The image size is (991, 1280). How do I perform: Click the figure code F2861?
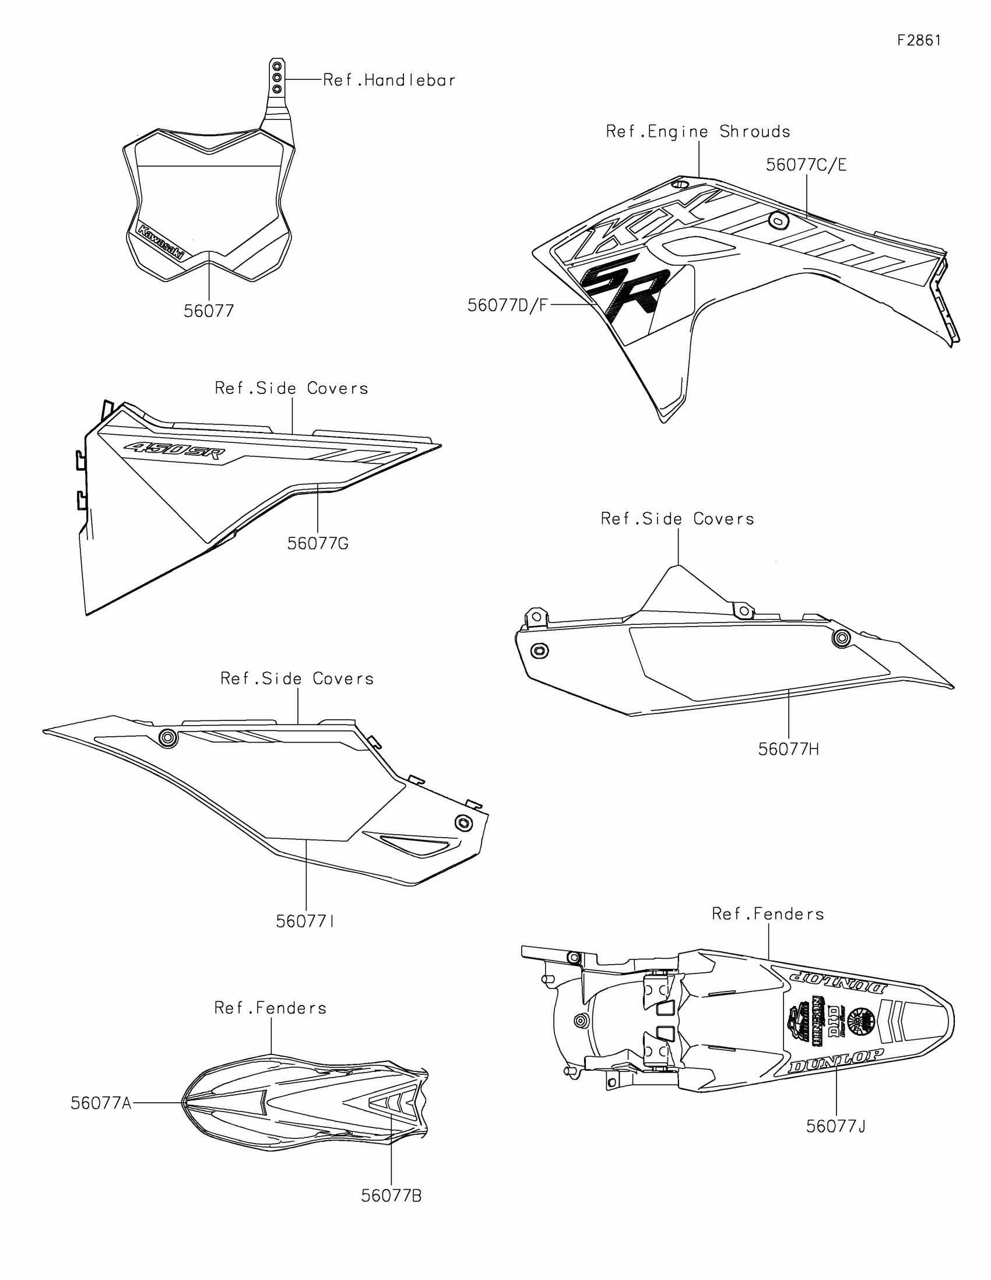click(x=919, y=40)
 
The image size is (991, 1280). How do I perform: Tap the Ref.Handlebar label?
click(x=389, y=80)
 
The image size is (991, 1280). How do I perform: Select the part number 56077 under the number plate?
click(x=209, y=311)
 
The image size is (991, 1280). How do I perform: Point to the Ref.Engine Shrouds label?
click(x=698, y=132)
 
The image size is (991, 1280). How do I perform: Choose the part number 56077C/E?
click(x=806, y=166)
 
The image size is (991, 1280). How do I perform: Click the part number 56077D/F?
click(x=508, y=305)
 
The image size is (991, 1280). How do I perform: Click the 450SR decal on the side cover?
click(x=174, y=451)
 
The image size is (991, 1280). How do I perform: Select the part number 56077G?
click(x=318, y=544)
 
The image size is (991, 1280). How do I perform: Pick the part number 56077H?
click(x=788, y=750)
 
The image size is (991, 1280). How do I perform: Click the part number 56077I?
click(x=305, y=922)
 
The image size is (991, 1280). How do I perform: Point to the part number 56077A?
click(x=101, y=1103)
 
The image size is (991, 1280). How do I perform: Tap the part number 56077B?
click(x=391, y=1196)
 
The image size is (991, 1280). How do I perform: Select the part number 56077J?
click(x=836, y=1127)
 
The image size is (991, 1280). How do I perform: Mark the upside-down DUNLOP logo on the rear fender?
click(x=838, y=981)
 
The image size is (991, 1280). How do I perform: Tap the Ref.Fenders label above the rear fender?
click(x=768, y=915)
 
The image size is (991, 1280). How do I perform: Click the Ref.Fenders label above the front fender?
click(x=270, y=1008)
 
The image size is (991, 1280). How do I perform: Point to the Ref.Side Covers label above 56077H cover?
click(x=677, y=519)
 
